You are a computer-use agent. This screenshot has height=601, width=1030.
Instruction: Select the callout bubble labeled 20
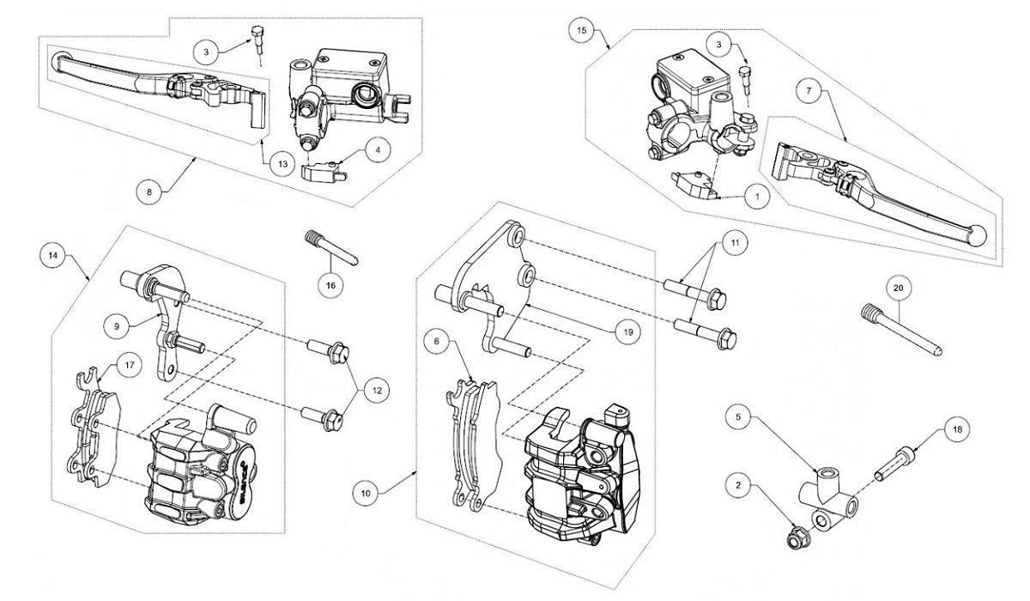tap(898, 289)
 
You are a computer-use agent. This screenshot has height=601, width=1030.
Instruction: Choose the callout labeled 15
tap(582, 30)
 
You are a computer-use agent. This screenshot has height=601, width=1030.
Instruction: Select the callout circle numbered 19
tap(629, 331)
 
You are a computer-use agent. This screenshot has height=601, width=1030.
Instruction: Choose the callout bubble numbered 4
tap(379, 149)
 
